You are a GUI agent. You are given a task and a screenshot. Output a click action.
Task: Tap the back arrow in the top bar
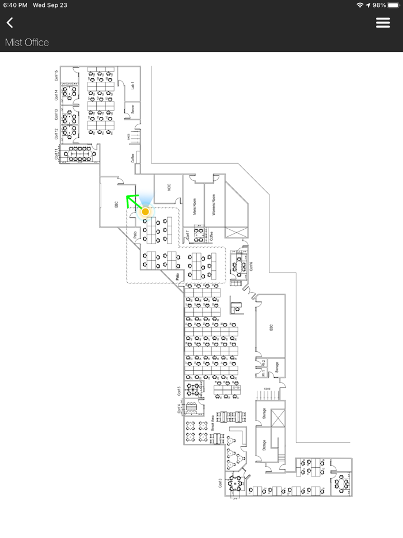coord(10,22)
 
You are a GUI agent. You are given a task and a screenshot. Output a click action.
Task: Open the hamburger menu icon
coord(383,22)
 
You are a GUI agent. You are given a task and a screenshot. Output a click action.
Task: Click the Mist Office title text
coord(27,43)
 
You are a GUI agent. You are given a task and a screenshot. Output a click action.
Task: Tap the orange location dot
coord(146,212)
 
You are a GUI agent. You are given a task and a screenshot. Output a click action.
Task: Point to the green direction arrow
coord(133,201)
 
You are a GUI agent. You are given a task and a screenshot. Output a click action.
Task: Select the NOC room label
coord(169,188)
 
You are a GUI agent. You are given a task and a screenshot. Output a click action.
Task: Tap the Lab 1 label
coord(133,85)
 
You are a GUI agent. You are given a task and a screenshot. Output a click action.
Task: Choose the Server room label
coord(132,108)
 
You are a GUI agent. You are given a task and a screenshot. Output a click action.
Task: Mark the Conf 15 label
coord(56,75)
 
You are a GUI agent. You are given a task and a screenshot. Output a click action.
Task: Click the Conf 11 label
coord(56,154)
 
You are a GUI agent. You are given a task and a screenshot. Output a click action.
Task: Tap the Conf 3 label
coord(220,483)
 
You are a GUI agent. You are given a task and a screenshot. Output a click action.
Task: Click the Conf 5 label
coord(179,391)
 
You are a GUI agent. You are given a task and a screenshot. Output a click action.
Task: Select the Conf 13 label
coord(56,114)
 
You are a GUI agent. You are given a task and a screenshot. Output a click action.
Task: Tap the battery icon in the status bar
coord(394,5)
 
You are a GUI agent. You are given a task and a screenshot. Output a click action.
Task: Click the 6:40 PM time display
coord(16,5)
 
